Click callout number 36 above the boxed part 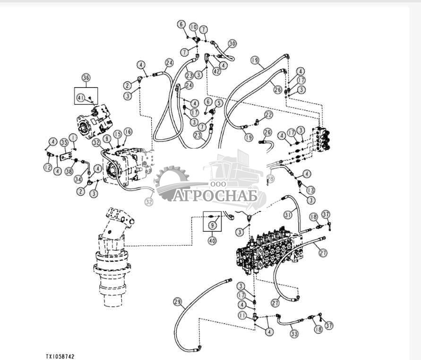tap(86, 78)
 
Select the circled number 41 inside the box tap(81, 98)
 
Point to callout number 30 tap(232, 43)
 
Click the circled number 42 tap(217, 72)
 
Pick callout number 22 tap(269, 115)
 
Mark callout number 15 tap(117, 134)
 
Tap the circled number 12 tap(47, 167)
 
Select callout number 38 tap(69, 171)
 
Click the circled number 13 tap(310, 190)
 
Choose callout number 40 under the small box tap(212, 240)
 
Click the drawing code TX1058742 tap(60, 356)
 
